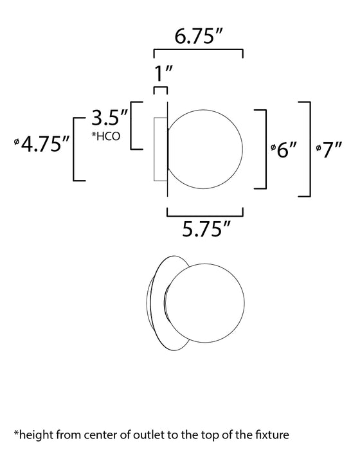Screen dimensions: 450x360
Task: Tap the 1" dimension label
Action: pos(160,75)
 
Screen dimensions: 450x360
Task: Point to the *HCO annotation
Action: pos(105,136)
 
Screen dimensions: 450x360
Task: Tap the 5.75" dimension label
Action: pos(204,228)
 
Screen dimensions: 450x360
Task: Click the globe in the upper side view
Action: pos(206,148)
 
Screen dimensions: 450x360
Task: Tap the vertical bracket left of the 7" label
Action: pos(309,148)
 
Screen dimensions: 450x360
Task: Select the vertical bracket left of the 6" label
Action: pos(264,149)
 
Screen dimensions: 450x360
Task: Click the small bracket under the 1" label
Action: pos(160,89)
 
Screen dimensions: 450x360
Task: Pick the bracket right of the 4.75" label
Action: pos(76,148)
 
